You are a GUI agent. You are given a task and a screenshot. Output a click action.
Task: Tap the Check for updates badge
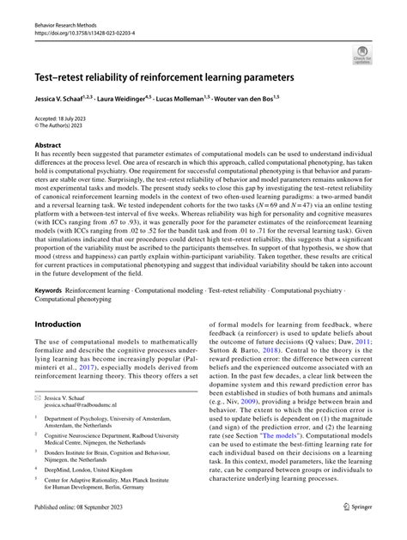[x=361, y=56]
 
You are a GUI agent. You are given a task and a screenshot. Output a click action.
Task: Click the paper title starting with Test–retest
[x=163, y=76]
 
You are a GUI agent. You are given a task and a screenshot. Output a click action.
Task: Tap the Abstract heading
[x=48, y=146]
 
